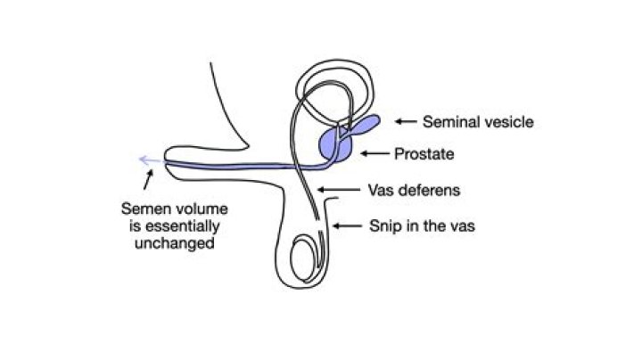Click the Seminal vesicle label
(478, 121)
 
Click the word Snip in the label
(385, 225)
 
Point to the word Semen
(144, 209)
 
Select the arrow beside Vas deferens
(332, 189)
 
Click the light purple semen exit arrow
(147, 160)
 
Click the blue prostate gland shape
(333, 143)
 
